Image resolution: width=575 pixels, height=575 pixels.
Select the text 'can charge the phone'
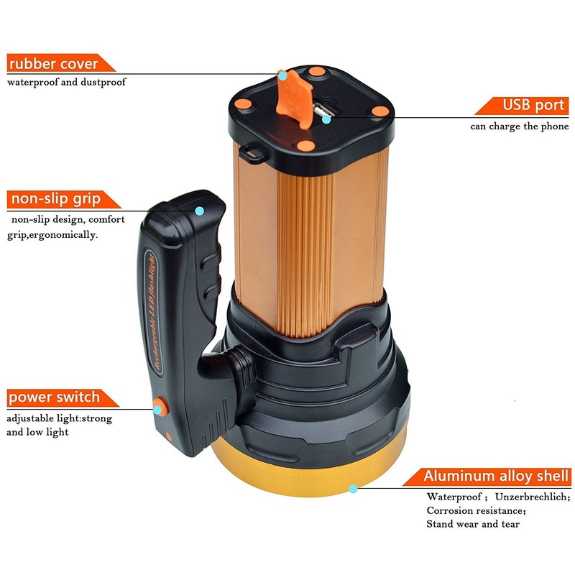coord(520,126)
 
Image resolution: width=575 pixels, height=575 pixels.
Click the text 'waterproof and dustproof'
coord(67,82)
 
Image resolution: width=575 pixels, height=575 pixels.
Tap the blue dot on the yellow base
coord(352,489)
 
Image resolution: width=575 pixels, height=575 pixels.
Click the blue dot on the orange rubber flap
coord(283,74)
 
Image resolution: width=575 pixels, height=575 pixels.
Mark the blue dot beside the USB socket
coord(326,119)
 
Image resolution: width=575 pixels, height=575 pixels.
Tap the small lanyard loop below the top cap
coord(251,152)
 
